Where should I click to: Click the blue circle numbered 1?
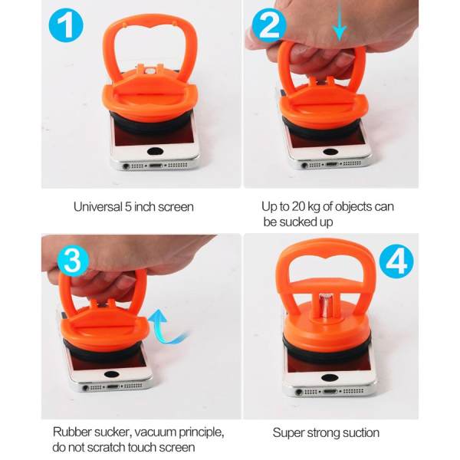pos(66,25)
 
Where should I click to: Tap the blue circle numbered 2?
pos(269,25)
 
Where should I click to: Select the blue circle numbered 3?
pos(73,261)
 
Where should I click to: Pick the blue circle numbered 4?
pos(396,261)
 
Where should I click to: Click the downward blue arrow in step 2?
pos(340,20)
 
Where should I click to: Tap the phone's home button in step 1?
pos(155,151)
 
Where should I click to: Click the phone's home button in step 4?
pos(330,377)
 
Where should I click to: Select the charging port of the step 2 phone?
pos(333,164)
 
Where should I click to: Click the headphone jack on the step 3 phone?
pos(86,388)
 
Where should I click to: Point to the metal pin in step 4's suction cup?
pos(327,306)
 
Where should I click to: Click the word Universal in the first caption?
pos(98,207)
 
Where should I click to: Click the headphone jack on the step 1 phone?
pos(127,166)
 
